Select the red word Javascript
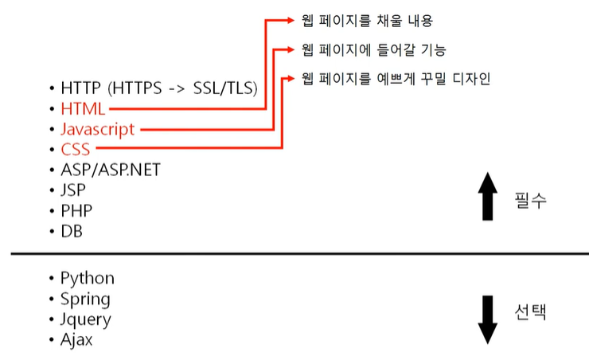coord(98,129)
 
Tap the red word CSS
coord(76,150)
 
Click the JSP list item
coord(73,190)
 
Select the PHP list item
coord(76,211)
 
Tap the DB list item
coord(72,232)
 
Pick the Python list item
coord(87,278)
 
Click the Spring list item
coord(85,299)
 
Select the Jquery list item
coord(85,319)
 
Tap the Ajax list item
coord(76,340)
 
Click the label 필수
coord(530,200)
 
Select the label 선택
coord(530,311)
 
